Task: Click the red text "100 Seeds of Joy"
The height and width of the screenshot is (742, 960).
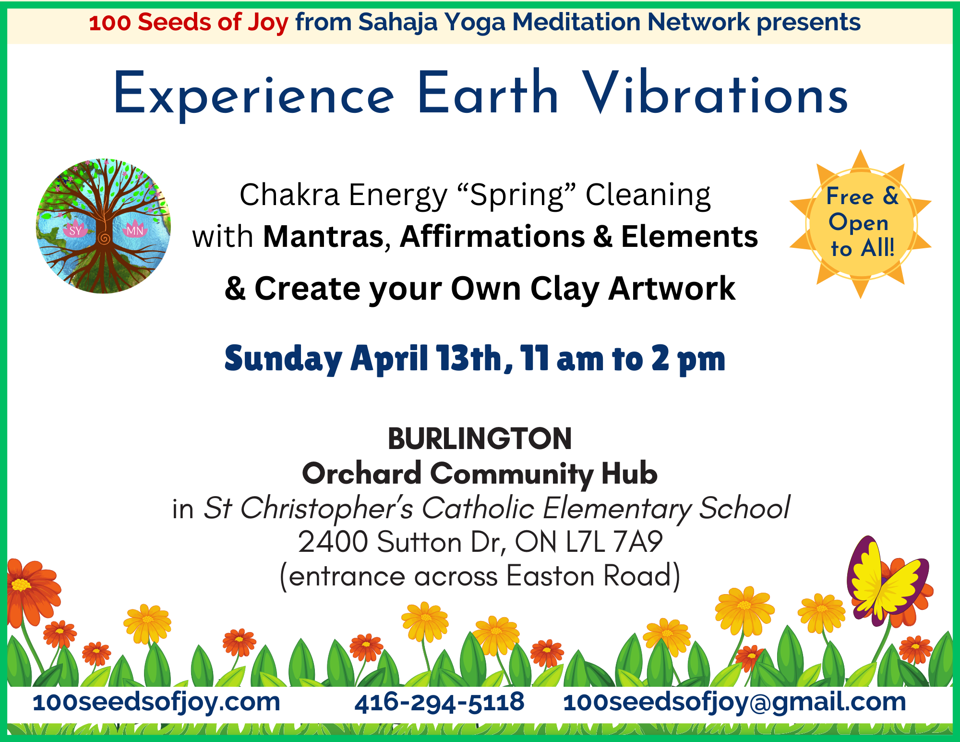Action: pyautogui.click(x=189, y=23)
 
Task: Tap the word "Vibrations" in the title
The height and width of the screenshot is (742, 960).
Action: pyautogui.click(x=715, y=94)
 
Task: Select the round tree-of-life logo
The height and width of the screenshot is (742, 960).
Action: pyautogui.click(x=104, y=226)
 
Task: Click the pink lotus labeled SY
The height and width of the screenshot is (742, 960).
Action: pyautogui.click(x=75, y=230)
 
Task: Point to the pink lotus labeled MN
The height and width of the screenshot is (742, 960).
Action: pyautogui.click(x=134, y=230)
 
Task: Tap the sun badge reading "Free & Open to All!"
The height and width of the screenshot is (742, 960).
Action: pyautogui.click(x=861, y=224)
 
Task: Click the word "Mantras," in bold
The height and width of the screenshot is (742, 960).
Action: pyautogui.click(x=327, y=237)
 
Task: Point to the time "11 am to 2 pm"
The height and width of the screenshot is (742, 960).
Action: pyautogui.click(x=623, y=359)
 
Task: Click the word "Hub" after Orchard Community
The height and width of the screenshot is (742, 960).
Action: pyautogui.click(x=629, y=474)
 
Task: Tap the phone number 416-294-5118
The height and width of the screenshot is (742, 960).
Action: pyautogui.click(x=439, y=702)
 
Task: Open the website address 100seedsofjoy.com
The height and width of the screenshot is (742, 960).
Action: pyautogui.click(x=156, y=703)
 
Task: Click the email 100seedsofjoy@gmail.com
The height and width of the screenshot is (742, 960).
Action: pyautogui.click(x=734, y=703)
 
